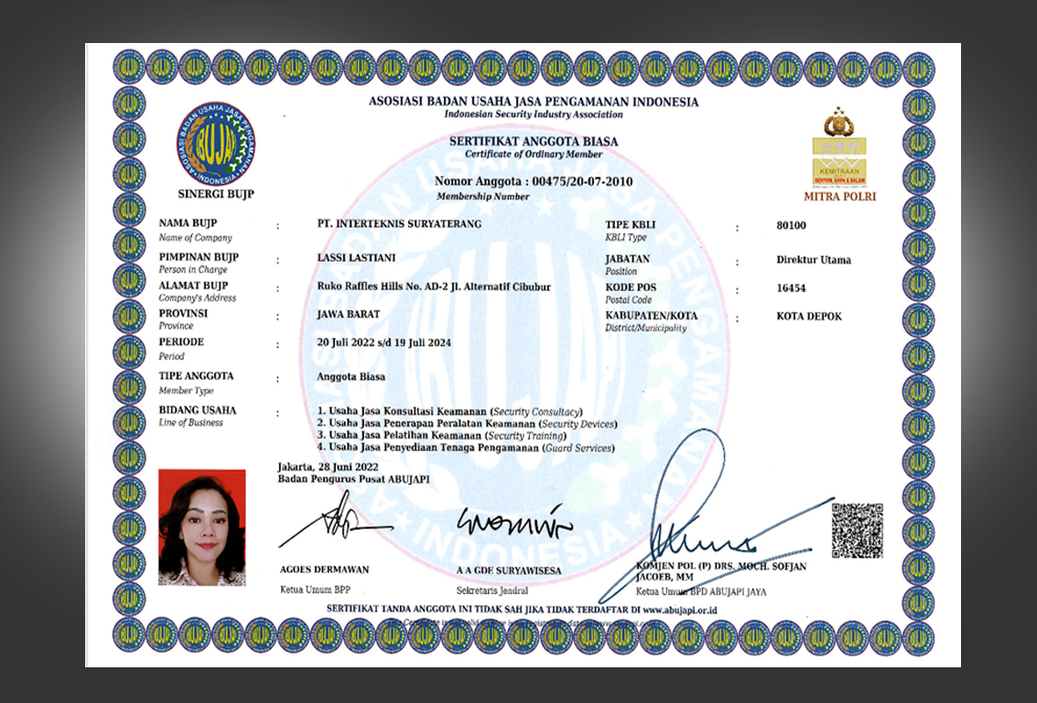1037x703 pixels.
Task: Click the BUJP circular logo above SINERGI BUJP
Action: click(216, 144)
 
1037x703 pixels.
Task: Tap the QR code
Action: click(857, 530)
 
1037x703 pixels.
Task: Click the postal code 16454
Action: click(791, 287)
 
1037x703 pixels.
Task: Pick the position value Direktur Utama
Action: click(813, 260)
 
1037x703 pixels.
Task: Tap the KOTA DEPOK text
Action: click(808, 317)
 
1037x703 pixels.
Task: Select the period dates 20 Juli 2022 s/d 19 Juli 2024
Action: click(383, 343)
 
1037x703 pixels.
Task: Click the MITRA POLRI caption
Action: click(839, 196)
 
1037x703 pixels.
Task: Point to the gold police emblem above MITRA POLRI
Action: click(838, 122)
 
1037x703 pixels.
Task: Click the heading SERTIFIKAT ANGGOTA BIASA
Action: click(533, 142)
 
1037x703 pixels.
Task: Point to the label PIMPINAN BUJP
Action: click(199, 257)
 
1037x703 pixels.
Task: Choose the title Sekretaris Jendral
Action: click(493, 591)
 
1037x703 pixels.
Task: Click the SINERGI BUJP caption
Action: click(216, 194)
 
